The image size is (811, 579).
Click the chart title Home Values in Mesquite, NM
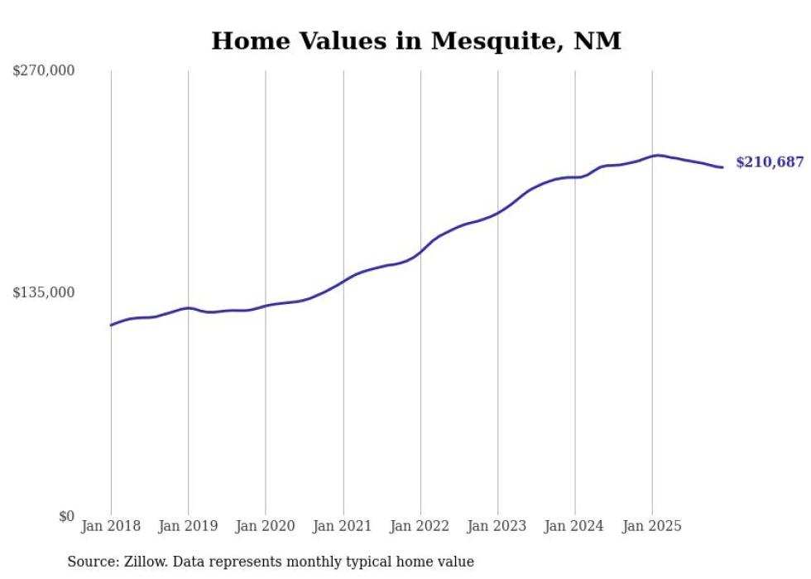click(415, 41)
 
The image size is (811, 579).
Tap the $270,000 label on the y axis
click(43, 71)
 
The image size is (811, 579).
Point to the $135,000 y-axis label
click(43, 292)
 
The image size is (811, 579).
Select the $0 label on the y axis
click(66, 516)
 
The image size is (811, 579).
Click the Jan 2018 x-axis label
click(111, 526)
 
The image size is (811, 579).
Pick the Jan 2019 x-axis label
click(188, 526)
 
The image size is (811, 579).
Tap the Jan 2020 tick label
click(266, 526)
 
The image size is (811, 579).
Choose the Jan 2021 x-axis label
click(343, 526)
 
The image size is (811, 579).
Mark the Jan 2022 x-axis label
click(420, 526)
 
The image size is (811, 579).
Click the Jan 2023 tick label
click(497, 526)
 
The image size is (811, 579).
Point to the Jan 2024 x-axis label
click(575, 526)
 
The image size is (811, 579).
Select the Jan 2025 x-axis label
click(652, 526)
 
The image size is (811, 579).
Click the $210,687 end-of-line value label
click(770, 162)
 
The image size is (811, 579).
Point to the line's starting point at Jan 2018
click(111, 325)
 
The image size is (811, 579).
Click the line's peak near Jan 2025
click(657, 155)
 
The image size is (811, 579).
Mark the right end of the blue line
click(722, 167)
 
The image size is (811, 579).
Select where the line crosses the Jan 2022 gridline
click(420, 251)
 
